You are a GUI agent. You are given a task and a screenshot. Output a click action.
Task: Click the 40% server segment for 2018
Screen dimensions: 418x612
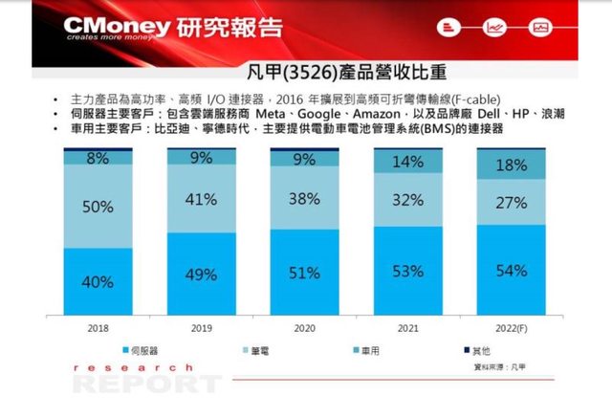coord(98,281)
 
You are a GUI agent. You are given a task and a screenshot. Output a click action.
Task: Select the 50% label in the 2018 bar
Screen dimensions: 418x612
coord(98,206)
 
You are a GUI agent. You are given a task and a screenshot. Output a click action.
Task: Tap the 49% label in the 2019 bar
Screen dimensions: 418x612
coord(201,275)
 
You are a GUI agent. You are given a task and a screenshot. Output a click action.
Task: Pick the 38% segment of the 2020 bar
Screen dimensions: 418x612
coord(304,200)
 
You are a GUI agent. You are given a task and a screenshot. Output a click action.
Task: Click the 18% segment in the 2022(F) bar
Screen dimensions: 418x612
coord(512,165)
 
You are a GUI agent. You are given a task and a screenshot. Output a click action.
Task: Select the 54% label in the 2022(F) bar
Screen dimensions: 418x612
coord(512,271)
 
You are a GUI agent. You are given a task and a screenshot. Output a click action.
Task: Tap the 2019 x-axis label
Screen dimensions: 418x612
coord(201,327)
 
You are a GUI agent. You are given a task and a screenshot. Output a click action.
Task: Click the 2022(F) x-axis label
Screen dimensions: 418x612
coord(512,327)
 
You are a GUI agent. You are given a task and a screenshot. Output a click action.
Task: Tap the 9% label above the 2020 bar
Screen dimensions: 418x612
coord(304,160)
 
